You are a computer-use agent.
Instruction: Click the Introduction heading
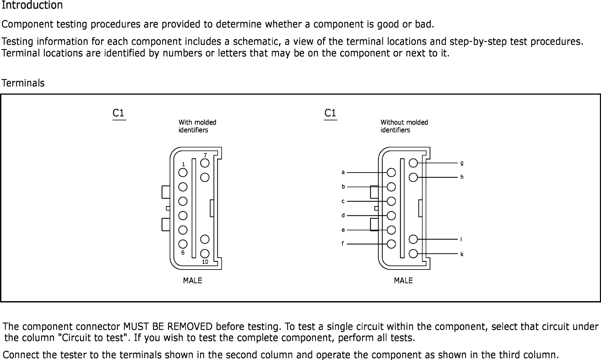click(32, 5)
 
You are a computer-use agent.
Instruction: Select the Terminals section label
click(23, 83)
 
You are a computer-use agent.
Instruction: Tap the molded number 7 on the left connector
click(205, 155)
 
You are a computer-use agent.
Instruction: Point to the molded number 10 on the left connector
click(205, 262)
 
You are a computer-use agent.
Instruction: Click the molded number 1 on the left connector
click(183, 164)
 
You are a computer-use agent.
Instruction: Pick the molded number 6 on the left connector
click(183, 253)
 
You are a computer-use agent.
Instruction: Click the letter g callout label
click(462, 163)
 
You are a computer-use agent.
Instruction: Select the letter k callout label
click(462, 254)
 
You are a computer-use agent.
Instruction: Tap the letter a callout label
click(343, 172)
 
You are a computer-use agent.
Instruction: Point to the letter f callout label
click(343, 243)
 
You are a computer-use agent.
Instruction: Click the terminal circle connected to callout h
click(413, 177)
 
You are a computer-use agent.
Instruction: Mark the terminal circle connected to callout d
click(391, 216)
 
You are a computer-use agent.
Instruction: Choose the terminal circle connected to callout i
click(413, 239)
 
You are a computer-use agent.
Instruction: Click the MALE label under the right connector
click(403, 280)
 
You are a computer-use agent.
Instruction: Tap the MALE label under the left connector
click(192, 280)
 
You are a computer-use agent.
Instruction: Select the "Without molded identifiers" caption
click(404, 126)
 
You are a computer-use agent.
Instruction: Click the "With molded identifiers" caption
click(197, 126)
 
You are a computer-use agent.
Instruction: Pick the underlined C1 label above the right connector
click(330, 113)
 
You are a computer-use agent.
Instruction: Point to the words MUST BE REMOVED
click(168, 326)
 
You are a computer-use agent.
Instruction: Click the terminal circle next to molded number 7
click(205, 163)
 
